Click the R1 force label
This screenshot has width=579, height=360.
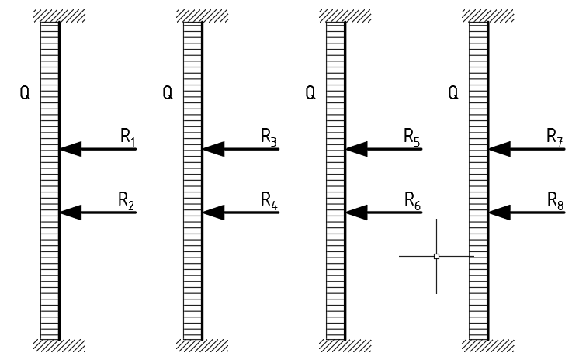128,137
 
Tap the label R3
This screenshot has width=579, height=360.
269,137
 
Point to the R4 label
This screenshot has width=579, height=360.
269,201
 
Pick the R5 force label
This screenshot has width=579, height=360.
412,137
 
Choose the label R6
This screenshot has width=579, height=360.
412,201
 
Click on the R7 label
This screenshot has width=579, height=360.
555,137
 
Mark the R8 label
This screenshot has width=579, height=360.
555,201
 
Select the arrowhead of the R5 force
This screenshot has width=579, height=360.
355,148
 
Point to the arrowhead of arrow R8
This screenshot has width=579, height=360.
498,212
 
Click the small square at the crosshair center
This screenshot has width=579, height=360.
436,255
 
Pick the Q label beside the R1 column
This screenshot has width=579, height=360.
26,94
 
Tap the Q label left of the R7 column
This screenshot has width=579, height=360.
454,94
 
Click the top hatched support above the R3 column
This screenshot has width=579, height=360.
202,16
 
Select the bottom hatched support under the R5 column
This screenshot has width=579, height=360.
345,345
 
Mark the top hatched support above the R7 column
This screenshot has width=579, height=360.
487,16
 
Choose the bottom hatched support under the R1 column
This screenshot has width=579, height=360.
60,345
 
